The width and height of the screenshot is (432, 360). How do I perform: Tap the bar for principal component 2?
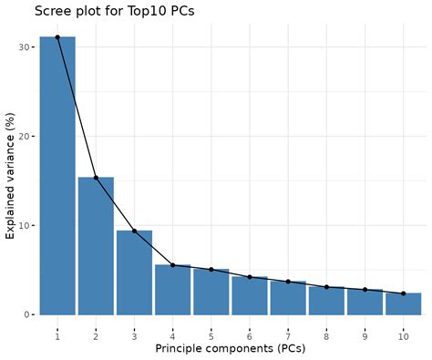96,246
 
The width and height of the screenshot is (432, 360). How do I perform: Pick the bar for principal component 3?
134,273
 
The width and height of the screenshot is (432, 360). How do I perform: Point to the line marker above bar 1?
57,37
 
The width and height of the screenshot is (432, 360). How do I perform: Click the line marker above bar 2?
96,178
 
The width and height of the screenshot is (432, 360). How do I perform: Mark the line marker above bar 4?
172,265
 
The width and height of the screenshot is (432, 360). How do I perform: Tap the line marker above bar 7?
288,282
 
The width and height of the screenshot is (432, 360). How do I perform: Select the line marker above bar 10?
403,293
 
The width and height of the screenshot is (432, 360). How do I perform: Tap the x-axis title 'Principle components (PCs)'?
230,347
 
